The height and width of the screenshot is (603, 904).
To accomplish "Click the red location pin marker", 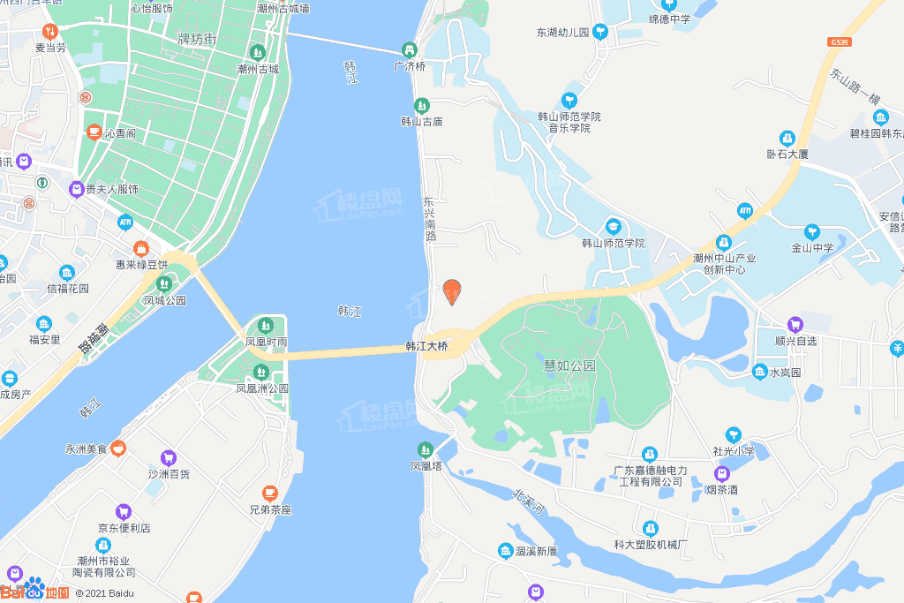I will (452, 290).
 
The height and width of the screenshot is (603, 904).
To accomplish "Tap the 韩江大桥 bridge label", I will (426, 347).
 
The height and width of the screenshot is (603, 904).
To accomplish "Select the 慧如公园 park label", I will (570, 366).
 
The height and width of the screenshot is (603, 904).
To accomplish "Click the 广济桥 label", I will (410, 66).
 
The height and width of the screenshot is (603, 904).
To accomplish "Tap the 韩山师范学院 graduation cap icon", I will (613, 226).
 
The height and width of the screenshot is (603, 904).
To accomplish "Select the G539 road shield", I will (840, 41).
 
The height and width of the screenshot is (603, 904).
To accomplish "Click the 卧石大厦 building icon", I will (787, 138).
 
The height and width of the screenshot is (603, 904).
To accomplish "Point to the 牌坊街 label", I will (197, 39).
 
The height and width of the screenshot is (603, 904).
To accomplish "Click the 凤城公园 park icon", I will (164, 283).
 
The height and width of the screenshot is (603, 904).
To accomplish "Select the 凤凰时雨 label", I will (267, 342).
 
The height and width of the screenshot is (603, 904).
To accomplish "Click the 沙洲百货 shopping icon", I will (169, 457).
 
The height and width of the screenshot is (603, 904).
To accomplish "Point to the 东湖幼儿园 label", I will (561, 33).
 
